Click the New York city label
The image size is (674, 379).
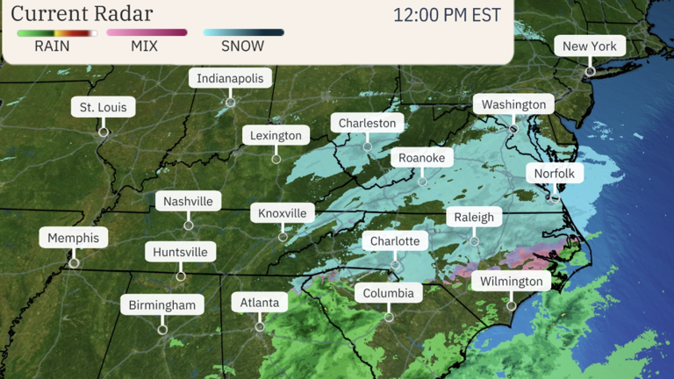[x=590, y=46]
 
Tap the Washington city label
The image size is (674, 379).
[x=513, y=104]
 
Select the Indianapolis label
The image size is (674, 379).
[x=230, y=78]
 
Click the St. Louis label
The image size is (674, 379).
[x=104, y=108]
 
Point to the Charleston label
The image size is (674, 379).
[x=367, y=123]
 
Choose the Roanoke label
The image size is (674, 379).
[x=422, y=158]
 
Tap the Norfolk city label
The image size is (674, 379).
[x=554, y=174]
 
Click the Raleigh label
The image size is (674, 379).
[x=474, y=217]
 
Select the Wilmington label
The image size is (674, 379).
[x=511, y=282]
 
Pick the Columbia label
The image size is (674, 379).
[x=389, y=292]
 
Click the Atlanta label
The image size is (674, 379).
[x=260, y=303]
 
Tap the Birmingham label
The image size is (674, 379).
[x=162, y=304]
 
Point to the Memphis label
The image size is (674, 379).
[x=74, y=238]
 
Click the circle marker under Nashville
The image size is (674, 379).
[x=188, y=225]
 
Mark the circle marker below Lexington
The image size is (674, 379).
[x=276, y=159]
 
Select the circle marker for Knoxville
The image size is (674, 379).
[x=283, y=237]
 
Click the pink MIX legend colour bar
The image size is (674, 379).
[x=147, y=32]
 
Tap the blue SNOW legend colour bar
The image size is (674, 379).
[x=243, y=32]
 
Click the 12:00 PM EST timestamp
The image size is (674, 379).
[x=447, y=16]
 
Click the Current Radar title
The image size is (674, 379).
[x=82, y=14]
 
